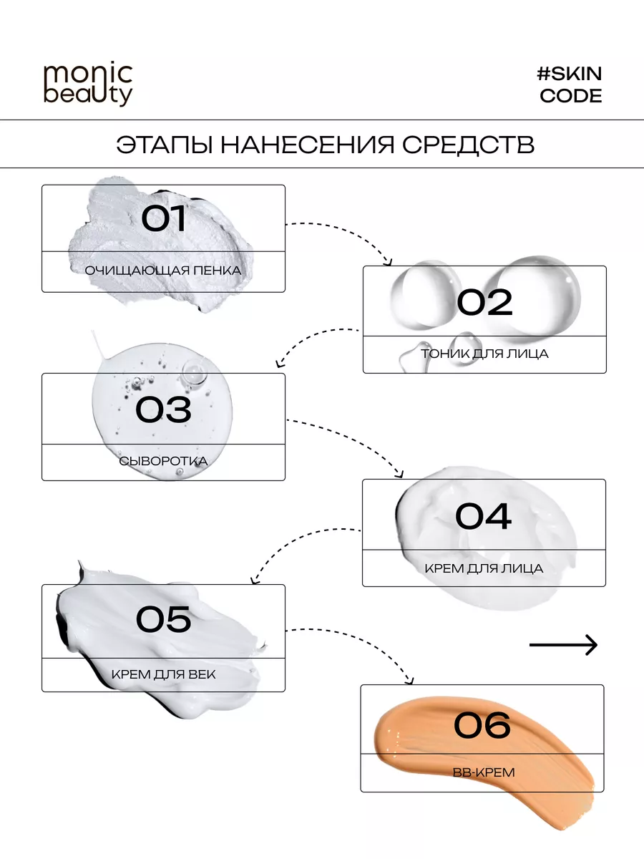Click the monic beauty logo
click(88, 85)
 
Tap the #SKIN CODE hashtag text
click(570, 84)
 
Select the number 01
click(164, 219)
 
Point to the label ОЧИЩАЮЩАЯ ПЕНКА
click(163, 271)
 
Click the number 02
click(485, 303)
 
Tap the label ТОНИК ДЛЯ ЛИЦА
click(484, 354)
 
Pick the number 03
click(164, 409)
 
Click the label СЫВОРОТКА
click(164, 461)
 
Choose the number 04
click(484, 516)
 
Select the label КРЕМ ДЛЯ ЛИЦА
click(484, 568)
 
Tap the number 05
click(164, 620)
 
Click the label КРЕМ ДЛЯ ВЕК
click(163, 674)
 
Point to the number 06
click(482, 724)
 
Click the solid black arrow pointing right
click(563, 645)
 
